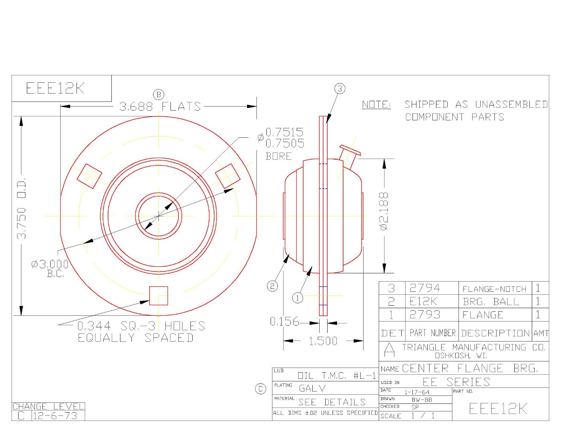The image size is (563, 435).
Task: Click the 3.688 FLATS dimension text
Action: coord(160,107)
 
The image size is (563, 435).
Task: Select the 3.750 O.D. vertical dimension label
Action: coord(22,208)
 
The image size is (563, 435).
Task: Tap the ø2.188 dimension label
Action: coord(384,211)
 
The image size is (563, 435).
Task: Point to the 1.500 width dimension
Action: coord(322,341)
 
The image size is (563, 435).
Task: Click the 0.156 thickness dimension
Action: coord(284,322)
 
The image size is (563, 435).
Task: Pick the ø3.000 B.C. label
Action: coord(50,268)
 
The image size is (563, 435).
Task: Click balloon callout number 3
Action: coord(340,89)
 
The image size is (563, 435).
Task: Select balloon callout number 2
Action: coord(272,286)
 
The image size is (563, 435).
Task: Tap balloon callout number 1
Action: coord(297,298)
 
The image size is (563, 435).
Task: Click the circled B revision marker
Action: coord(159,95)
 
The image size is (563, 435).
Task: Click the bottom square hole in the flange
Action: coord(159,296)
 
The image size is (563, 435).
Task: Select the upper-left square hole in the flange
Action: coord(89,176)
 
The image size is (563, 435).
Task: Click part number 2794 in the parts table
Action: coord(424,288)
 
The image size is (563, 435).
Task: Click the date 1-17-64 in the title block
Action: coord(417,392)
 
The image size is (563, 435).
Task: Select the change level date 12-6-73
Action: coord(55,416)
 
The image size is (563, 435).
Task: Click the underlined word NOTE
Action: coord(376,105)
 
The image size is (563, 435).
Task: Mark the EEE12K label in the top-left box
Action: coord(55,88)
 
